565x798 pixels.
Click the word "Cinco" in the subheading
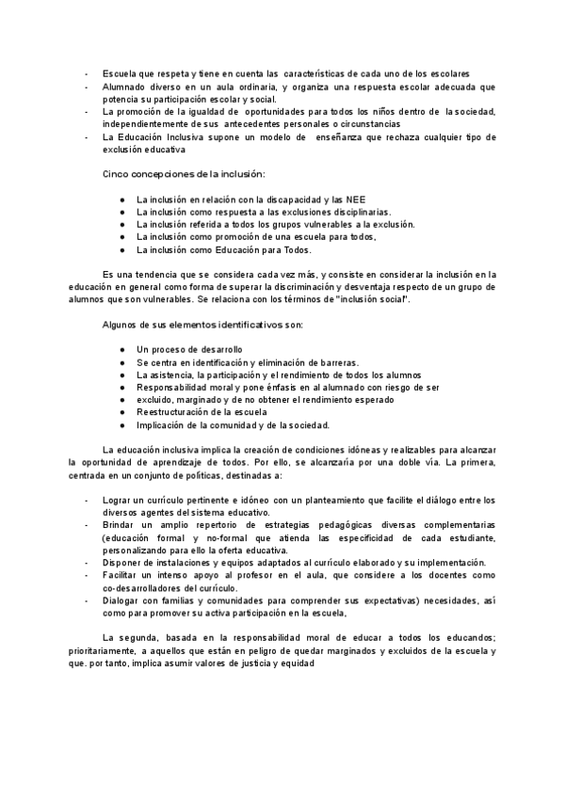[x=118, y=174]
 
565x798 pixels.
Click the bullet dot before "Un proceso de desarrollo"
[x=122, y=350]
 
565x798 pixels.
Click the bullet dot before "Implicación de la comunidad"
[x=122, y=424]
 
